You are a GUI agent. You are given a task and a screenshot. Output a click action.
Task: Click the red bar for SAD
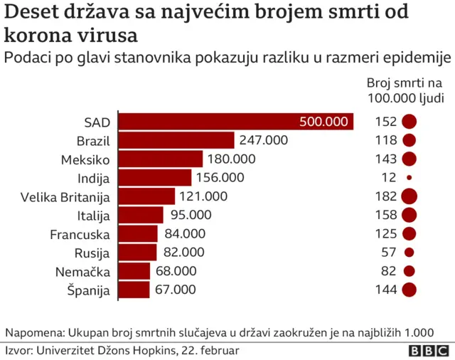[235, 122]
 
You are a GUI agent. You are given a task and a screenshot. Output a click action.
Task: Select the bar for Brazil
[176, 140]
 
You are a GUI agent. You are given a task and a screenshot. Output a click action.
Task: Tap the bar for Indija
[154, 177]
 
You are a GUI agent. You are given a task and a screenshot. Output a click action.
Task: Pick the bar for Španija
[134, 290]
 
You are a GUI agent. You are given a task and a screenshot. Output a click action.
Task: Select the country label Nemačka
[85, 271]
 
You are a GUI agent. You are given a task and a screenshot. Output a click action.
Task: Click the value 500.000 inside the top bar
[324, 122]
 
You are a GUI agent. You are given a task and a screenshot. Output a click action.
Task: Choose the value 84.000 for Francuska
[184, 233]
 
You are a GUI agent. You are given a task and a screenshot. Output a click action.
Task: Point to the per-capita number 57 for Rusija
[388, 253]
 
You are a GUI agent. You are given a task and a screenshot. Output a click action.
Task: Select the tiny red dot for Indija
[409, 177]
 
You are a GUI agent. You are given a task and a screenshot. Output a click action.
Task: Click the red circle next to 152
[409, 122]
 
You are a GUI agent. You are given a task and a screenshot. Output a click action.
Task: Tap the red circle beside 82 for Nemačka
[409, 271]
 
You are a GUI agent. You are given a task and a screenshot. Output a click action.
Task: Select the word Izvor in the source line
[18, 351]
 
